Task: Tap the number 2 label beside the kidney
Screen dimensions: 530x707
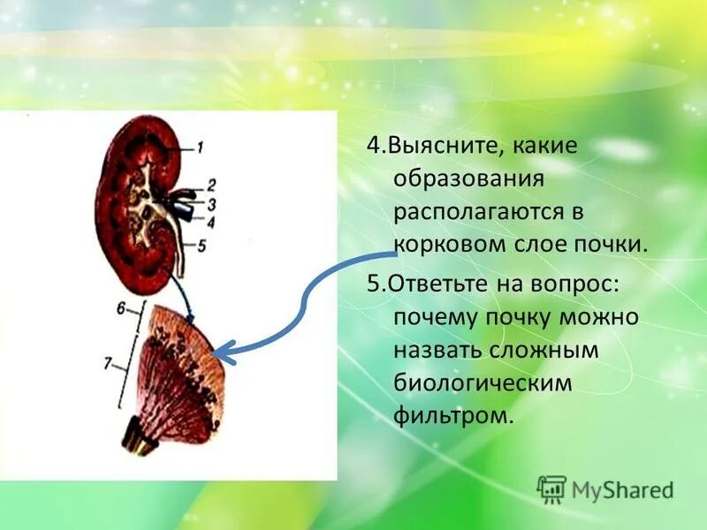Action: coord(211,185)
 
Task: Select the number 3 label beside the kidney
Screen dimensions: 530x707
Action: coord(211,204)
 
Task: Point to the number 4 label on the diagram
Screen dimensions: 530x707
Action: coord(209,222)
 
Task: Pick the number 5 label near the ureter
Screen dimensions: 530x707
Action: coord(201,247)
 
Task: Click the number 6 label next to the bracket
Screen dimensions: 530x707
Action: coord(121,309)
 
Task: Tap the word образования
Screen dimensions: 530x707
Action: coord(468,179)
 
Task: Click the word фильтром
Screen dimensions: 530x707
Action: coord(453,416)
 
